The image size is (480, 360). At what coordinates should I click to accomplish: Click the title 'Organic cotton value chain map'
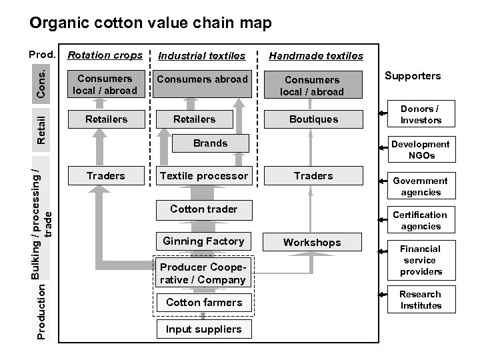151,23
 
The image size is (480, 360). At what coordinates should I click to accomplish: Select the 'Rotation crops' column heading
105,55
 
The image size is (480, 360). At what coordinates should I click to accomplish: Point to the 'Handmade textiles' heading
316,56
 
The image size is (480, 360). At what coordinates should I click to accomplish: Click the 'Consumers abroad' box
203,79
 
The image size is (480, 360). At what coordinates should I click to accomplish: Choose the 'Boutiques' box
313,119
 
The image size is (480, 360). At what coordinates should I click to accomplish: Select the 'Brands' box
210,143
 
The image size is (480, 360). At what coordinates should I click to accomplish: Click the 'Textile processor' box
203,176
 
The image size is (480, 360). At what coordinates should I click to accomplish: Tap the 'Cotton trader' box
203,209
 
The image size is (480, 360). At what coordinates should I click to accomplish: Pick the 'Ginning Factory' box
203,241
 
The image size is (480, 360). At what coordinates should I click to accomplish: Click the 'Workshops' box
312,243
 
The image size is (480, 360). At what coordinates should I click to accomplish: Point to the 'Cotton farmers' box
203,303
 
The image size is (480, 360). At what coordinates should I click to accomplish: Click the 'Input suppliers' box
203,329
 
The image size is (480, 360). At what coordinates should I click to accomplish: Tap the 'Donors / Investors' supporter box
421,115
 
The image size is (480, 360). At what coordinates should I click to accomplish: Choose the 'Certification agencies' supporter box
420,221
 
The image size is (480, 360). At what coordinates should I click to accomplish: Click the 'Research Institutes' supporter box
421,300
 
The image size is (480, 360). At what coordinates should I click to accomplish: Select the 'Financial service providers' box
421,260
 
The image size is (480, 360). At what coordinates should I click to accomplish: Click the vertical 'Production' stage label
41,311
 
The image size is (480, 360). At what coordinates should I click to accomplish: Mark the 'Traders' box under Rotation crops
105,176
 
